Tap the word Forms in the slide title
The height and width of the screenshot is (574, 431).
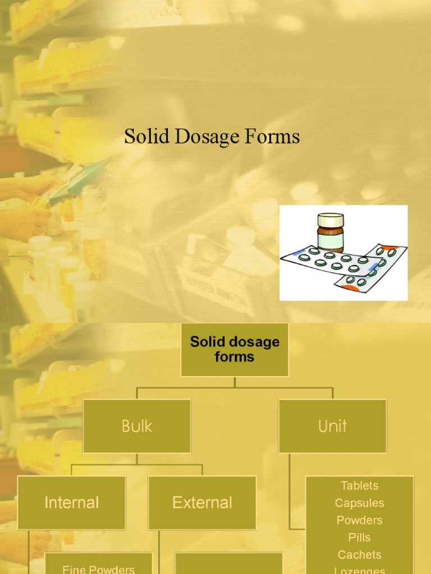tap(274, 137)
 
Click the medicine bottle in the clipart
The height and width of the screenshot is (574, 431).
tap(330, 233)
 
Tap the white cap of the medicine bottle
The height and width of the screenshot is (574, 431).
tap(330, 219)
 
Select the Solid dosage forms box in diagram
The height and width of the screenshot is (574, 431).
tap(235, 349)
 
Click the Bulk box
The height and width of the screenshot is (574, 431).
tap(137, 426)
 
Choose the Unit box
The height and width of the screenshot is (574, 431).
tap(332, 426)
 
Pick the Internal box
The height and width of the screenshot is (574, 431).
tap(71, 503)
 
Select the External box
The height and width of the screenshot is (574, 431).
tap(202, 503)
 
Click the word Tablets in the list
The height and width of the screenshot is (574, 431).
tap(359, 485)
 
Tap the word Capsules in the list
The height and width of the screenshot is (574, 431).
tap(359, 503)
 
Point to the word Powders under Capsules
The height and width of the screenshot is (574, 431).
tap(359, 520)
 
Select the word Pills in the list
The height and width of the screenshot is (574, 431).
tap(359, 538)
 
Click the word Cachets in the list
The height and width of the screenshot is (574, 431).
tap(359, 555)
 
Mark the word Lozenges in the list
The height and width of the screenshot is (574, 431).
tap(359, 570)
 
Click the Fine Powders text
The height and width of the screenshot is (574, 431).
tap(98, 569)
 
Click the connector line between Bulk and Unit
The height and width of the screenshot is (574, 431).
tap(235, 387)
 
